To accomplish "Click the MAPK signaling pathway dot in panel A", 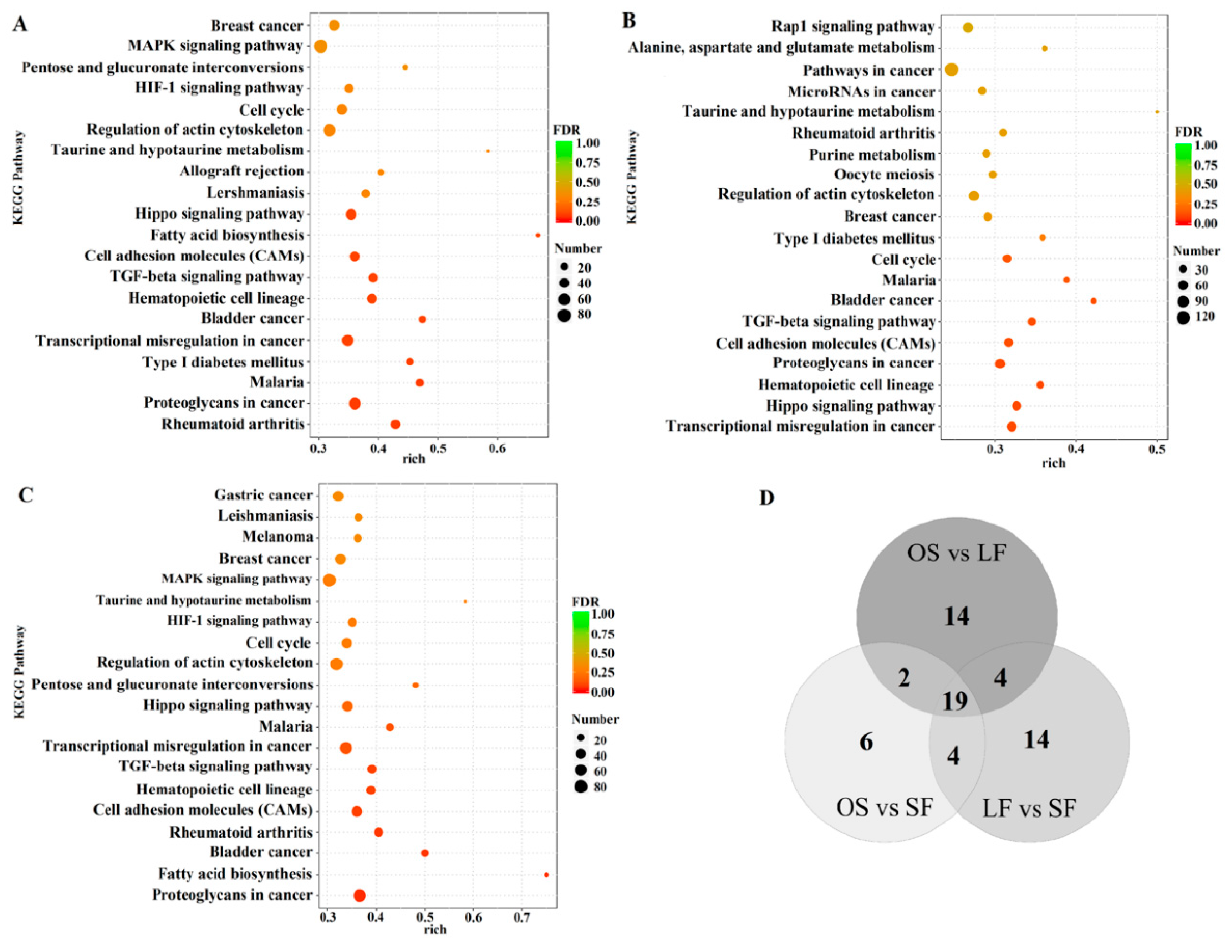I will click(321, 46).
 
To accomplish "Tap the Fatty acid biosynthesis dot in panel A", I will click(537, 235).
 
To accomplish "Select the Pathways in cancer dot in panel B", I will click(951, 70).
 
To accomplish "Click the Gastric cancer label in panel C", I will click(263, 494).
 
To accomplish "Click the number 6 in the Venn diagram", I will click(866, 742).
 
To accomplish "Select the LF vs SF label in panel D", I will click(1029, 808).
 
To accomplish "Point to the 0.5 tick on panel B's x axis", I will click(1157, 450).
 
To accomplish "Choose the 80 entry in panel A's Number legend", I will click(584, 314).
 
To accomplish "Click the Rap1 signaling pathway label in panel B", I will click(852, 26).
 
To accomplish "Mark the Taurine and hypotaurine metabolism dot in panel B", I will click(1157, 112).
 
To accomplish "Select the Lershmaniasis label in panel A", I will click(255, 193).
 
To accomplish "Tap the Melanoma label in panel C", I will click(277, 537).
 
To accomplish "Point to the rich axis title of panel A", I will click(414, 458).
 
